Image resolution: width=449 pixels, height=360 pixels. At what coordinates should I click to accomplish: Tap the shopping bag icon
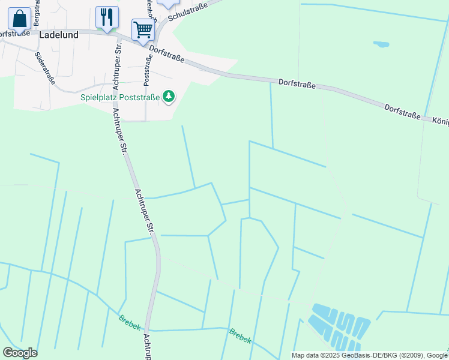[x=19, y=19]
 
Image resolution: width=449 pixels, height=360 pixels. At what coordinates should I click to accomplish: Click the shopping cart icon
[x=143, y=29]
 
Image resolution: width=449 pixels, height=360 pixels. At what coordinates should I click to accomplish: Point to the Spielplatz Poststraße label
[x=121, y=97]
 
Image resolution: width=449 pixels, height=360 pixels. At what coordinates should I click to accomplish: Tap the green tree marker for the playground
[x=169, y=96]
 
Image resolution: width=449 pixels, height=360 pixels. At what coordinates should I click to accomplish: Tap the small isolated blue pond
[x=381, y=44]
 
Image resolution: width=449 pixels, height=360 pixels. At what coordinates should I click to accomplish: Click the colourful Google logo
[x=20, y=353]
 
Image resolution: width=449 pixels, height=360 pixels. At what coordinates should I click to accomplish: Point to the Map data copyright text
[x=369, y=355]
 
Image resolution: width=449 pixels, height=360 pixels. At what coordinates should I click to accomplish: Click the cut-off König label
[x=440, y=121]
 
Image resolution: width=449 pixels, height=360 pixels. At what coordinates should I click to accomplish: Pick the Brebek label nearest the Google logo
[x=130, y=322]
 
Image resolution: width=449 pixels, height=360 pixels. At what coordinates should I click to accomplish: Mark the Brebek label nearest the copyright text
[x=240, y=336]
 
